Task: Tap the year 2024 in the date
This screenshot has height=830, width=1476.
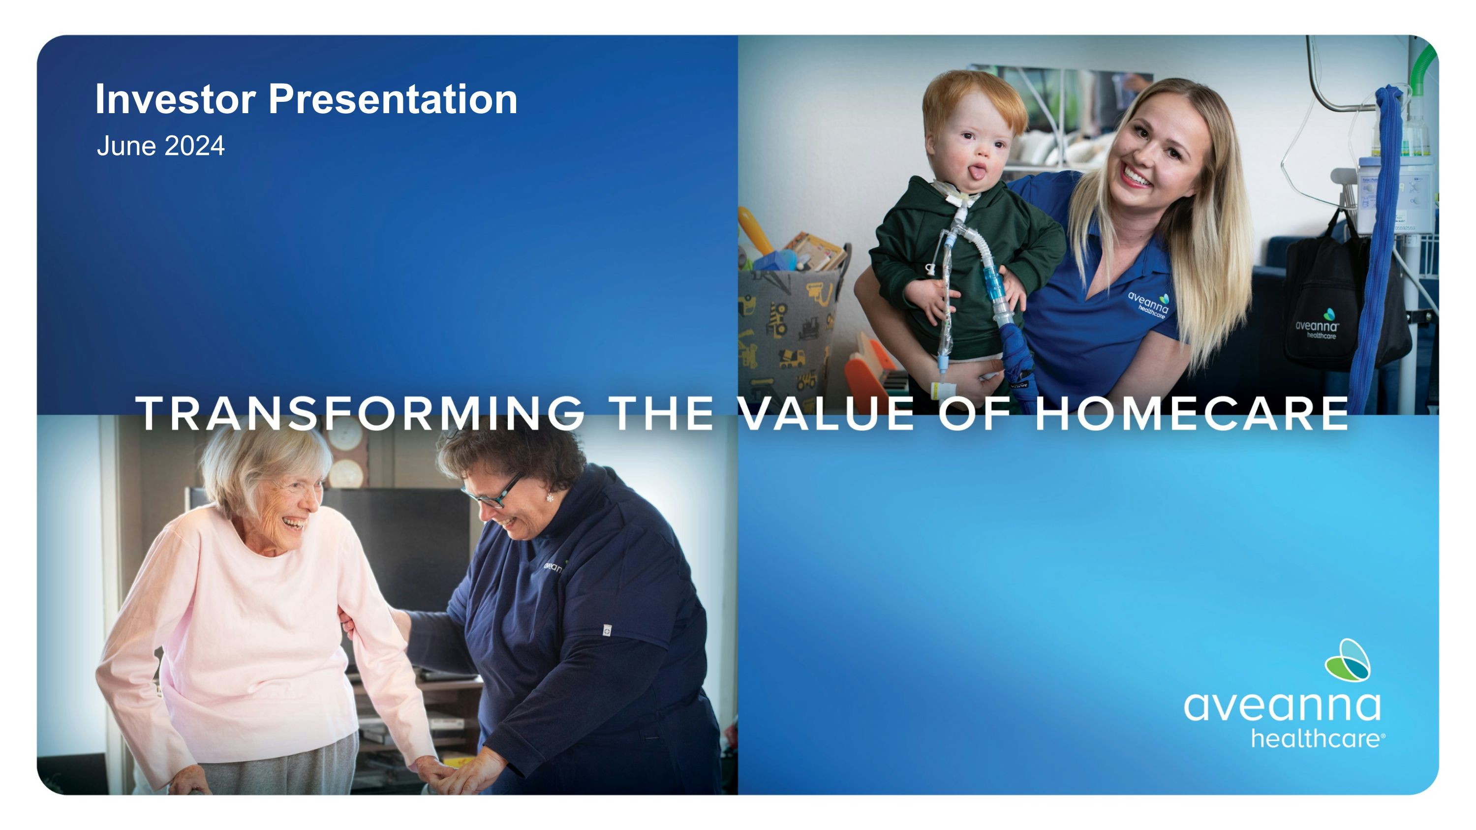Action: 194,146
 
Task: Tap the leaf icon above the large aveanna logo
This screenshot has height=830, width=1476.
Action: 1347,660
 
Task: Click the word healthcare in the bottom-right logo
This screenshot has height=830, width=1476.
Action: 1318,739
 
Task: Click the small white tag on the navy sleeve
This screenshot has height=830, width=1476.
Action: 607,631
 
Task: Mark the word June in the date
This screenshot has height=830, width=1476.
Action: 126,146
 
